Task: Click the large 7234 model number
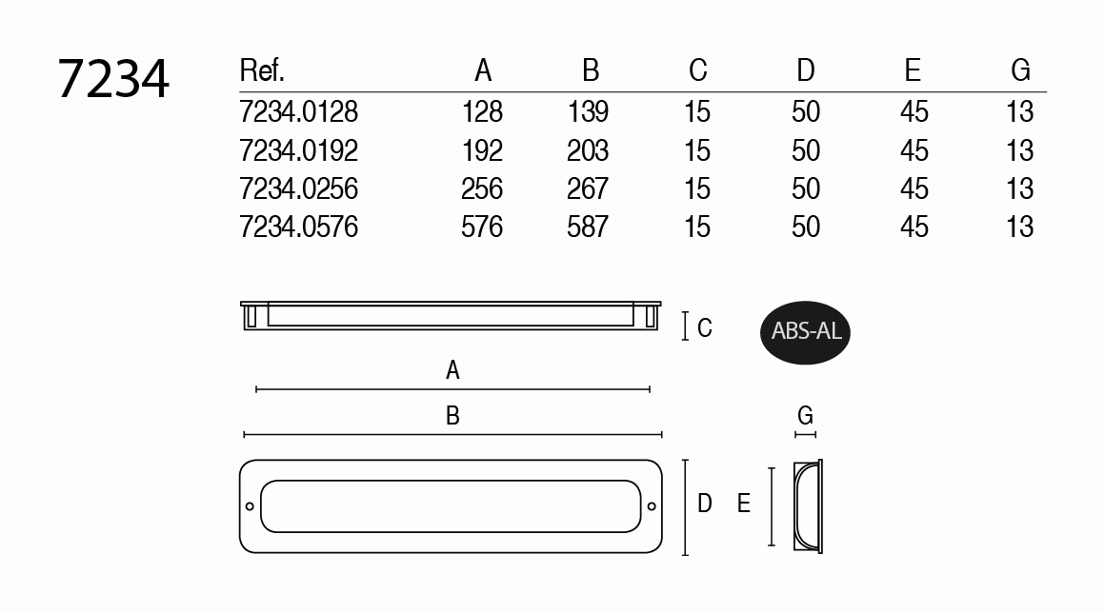(112, 79)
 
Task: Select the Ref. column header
(261, 70)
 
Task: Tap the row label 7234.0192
(299, 150)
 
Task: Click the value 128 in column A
(482, 112)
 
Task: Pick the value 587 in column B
(588, 227)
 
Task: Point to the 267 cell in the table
(588, 188)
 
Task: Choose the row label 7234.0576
(299, 227)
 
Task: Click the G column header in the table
(1020, 70)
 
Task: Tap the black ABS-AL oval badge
(806, 332)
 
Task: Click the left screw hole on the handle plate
(250, 506)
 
